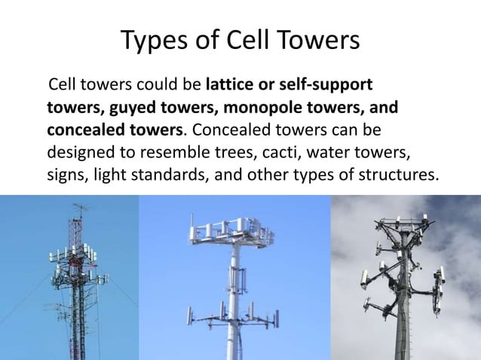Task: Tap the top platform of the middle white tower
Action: (x=233, y=227)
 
